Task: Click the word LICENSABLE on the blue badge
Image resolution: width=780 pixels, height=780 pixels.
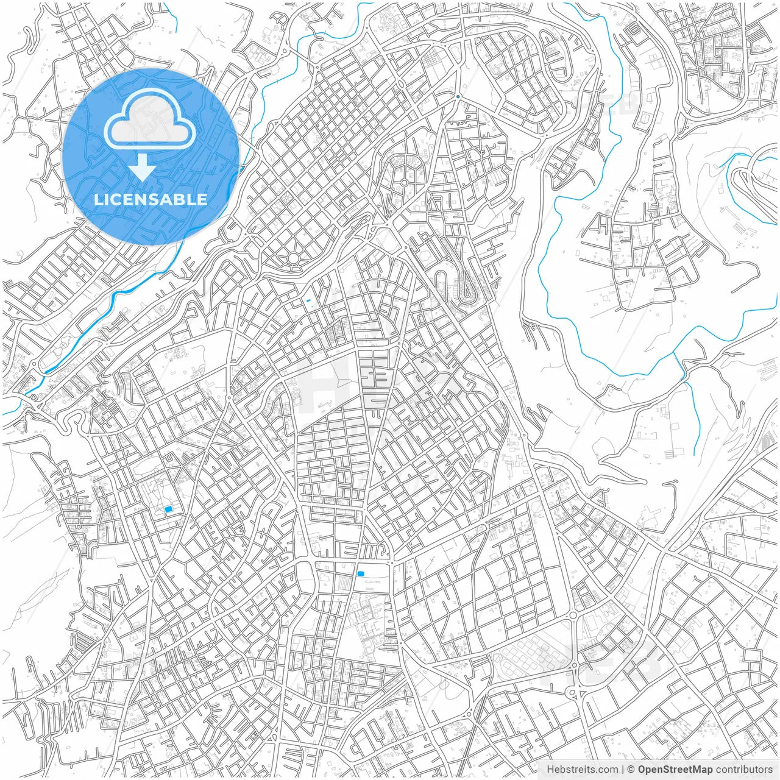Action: coord(150,199)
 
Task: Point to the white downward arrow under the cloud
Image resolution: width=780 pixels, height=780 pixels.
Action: coord(142,168)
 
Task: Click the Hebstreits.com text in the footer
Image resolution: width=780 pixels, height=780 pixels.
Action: coord(582,770)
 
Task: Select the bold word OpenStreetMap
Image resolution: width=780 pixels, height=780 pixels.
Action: coord(675,770)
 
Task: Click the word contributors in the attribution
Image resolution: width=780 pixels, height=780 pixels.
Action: coord(743,770)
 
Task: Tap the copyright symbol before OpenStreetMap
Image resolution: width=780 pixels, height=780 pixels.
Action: coord(631,770)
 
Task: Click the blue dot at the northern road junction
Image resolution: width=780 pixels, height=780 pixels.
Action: coord(458,96)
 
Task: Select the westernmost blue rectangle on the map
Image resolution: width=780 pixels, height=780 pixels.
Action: coord(169,509)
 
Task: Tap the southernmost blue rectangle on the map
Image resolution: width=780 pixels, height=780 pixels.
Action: coord(361,573)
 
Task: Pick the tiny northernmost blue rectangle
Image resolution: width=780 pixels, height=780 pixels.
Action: coord(308,301)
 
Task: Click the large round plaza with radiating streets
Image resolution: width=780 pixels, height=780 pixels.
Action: coord(293,258)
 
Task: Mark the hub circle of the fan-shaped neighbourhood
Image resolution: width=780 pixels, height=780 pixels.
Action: coord(403,182)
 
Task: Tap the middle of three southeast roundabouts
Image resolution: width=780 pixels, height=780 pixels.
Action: coord(573,615)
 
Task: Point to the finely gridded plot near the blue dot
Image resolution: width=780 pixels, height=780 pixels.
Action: coord(434,60)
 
